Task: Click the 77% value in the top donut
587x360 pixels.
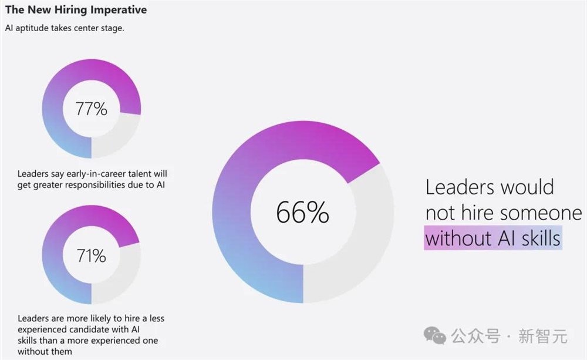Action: (x=92, y=109)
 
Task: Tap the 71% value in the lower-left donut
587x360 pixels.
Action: (x=92, y=255)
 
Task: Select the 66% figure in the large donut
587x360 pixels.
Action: (x=302, y=212)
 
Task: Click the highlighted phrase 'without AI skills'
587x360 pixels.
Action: (x=492, y=238)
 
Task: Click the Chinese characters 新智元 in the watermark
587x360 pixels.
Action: (x=548, y=337)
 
